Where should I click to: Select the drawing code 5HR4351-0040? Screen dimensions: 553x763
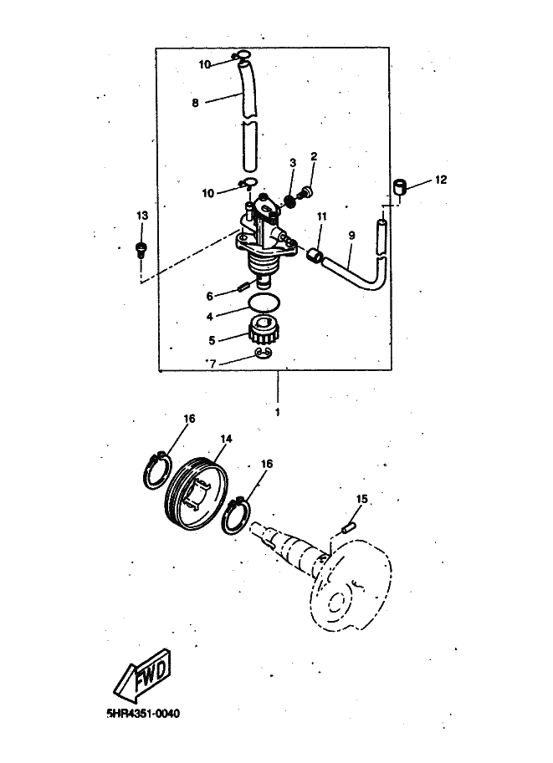click(x=142, y=714)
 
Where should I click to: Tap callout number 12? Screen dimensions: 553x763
click(x=441, y=180)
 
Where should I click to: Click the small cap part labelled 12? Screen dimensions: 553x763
click(x=402, y=186)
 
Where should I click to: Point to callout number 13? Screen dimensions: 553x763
click(x=141, y=216)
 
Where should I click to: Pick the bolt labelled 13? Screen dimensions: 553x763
click(x=141, y=247)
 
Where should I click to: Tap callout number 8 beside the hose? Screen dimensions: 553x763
click(x=195, y=104)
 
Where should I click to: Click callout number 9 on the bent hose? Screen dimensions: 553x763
click(x=351, y=235)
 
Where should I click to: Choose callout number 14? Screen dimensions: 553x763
click(x=226, y=438)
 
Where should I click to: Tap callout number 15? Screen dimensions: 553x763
click(x=361, y=499)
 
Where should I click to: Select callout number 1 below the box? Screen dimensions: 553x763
click(x=277, y=412)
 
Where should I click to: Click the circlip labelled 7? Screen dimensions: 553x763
click(x=264, y=354)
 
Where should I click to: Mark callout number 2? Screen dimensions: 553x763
click(x=315, y=156)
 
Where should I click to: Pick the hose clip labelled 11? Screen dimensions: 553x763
click(x=315, y=253)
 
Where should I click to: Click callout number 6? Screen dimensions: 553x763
click(x=211, y=295)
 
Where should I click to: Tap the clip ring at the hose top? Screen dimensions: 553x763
click(x=243, y=58)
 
